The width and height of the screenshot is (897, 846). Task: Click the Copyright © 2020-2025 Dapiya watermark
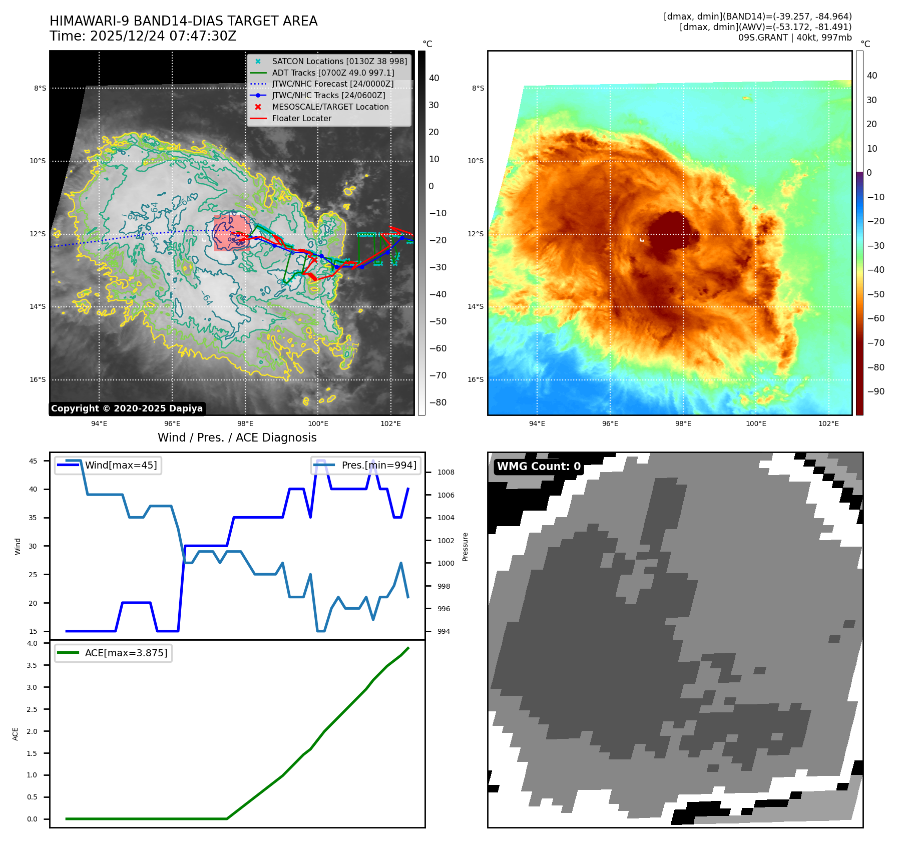click(x=127, y=408)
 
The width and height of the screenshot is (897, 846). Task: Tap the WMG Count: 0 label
click(x=539, y=467)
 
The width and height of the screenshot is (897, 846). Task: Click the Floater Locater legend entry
click(x=301, y=119)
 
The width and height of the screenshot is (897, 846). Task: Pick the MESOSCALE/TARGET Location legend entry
click(x=330, y=107)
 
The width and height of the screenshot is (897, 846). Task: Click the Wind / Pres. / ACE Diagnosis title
click(x=237, y=438)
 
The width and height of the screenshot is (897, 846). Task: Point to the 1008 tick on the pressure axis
click(x=445, y=472)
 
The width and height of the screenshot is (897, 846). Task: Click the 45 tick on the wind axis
click(x=33, y=461)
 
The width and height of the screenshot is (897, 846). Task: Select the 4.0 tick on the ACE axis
click(x=32, y=643)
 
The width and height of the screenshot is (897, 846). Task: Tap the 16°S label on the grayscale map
click(x=38, y=379)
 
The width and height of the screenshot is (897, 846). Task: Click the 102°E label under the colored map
click(x=828, y=424)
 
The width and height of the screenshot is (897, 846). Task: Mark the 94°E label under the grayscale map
click(x=99, y=424)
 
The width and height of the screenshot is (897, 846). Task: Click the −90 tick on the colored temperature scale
click(x=875, y=391)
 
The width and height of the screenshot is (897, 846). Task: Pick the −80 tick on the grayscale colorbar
click(x=437, y=402)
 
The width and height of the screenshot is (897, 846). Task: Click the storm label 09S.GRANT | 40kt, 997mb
click(x=794, y=38)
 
